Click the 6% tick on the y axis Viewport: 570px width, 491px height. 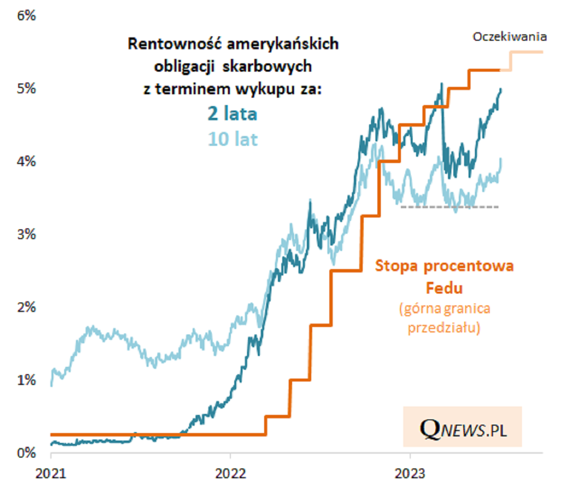coord(27,16)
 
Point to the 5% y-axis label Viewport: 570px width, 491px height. coord(27,89)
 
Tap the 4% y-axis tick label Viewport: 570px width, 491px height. coord(27,161)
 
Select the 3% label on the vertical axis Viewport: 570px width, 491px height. coord(27,234)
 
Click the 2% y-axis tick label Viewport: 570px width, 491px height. coord(27,307)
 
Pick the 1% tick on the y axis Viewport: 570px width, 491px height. coord(27,380)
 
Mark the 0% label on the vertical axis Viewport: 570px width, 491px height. coord(27,452)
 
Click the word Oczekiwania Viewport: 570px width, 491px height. coord(510,37)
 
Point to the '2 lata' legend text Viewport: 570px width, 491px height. coord(233,114)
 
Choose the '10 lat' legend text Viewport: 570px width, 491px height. coord(233,139)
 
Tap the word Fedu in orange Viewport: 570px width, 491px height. coord(444,288)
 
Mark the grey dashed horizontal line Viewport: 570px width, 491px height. coord(449,207)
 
